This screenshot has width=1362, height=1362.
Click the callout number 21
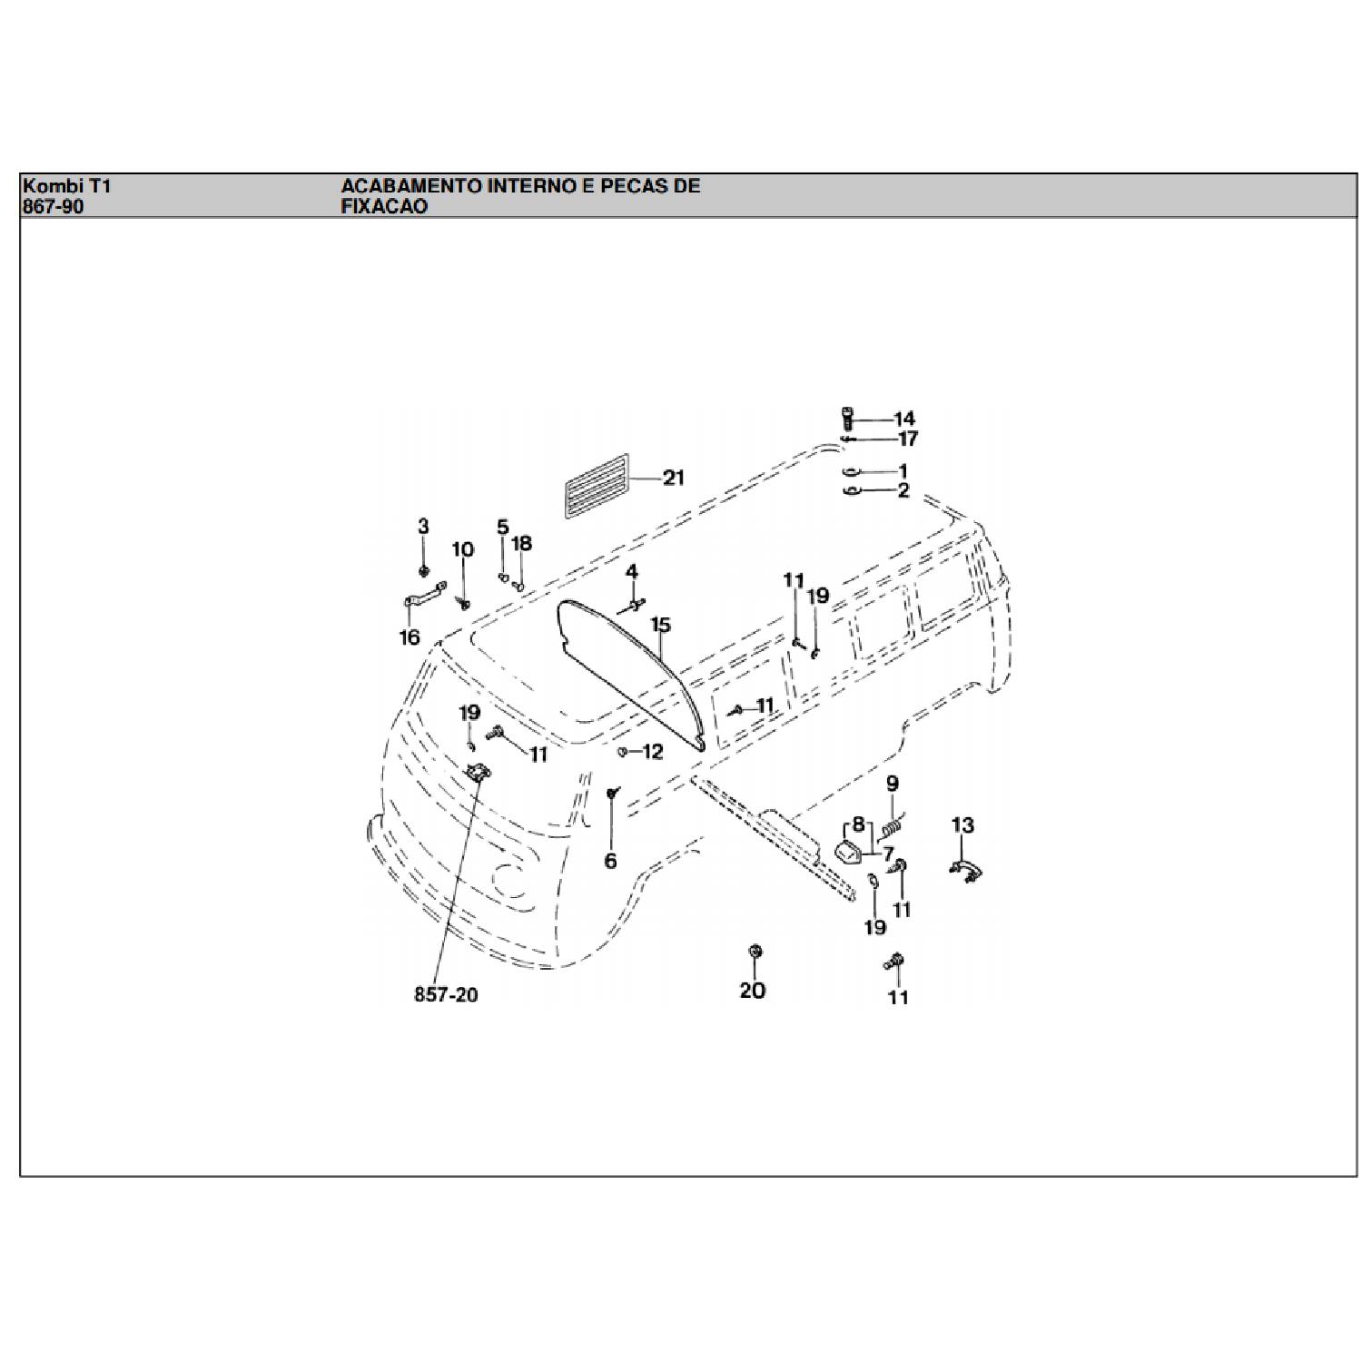(x=673, y=478)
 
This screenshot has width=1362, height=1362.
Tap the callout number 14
(x=904, y=419)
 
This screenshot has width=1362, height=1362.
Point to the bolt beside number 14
(x=846, y=419)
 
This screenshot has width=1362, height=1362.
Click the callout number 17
(x=907, y=439)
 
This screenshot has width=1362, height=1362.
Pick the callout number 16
(x=410, y=637)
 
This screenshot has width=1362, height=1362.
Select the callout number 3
(x=423, y=527)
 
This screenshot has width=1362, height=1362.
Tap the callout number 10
(x=463, y=549)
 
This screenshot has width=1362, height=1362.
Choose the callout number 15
(x=660, y=625)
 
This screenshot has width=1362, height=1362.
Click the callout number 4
(x=631, y=572)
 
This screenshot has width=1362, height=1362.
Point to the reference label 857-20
(x=446, y=994)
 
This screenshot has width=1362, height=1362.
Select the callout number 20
(x=753, y=990)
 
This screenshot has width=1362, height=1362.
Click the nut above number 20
(x=754, y=952)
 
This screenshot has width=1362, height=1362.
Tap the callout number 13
(x=962, y=825)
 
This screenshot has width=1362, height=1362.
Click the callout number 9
(x=892, y=783)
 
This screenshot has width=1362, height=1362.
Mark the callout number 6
(x=610, y=860)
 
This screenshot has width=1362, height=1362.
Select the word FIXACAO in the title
(x=384, y=206)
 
